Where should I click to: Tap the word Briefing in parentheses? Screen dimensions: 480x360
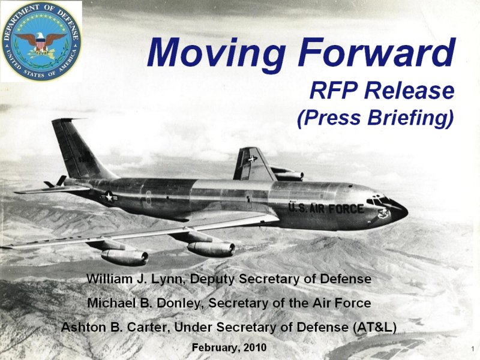tap(410, 118)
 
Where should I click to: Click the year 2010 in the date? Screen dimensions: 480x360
tap(255, 347)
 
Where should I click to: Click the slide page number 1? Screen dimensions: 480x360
tap(473, 349)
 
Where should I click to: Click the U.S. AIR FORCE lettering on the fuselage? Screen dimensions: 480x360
tap(326, 208)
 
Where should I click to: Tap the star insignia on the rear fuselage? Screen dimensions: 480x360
tap(109, 197)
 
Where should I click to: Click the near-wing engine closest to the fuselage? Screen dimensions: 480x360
tap(211, 248)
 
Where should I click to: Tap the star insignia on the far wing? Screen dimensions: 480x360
tap(252, 159)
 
